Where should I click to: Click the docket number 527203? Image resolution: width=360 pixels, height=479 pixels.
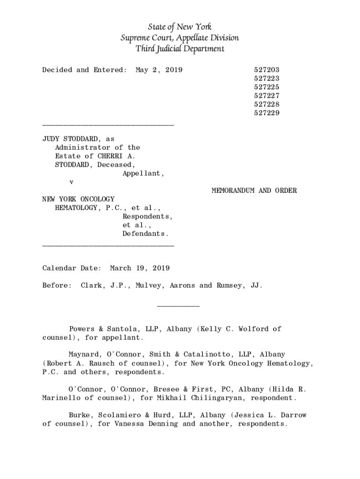266,70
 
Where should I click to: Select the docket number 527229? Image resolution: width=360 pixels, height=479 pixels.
266,113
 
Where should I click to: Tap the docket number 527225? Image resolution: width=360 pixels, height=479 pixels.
266,87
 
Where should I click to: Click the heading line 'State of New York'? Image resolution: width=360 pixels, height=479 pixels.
180,27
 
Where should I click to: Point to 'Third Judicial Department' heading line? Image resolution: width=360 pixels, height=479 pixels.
180,49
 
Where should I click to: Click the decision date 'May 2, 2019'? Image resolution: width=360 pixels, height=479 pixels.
159,70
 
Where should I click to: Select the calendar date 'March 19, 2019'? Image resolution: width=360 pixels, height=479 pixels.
140,269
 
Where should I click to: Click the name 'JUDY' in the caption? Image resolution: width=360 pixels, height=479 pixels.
51,139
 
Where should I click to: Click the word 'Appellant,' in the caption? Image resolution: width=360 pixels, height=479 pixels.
144,174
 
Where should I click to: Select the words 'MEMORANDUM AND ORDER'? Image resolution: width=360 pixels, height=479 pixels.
254,191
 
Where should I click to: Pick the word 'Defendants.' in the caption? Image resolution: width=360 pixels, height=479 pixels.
145,234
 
